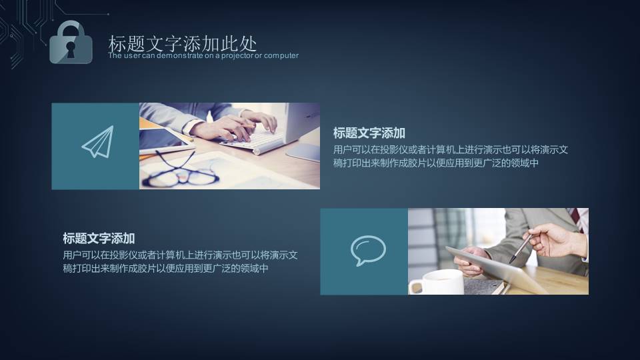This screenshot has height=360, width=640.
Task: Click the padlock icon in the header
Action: [x=71, y=43]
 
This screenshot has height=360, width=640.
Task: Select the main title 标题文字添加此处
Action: [x=182, y=44]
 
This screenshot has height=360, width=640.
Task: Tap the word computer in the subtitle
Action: [x=281, y=55]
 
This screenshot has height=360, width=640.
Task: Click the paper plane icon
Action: [x=97, y=143]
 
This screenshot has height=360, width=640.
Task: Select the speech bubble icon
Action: [x=368, y=250]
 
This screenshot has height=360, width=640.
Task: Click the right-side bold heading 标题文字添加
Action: [x=369, y=133]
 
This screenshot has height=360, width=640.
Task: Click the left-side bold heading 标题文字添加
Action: [x=99, y=238]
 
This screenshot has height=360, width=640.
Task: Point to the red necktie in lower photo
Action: [x=575, y=216]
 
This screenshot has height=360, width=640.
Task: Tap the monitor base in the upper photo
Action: [x=304, y=151]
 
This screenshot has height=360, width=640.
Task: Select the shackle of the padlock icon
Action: [x=71, y=29]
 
